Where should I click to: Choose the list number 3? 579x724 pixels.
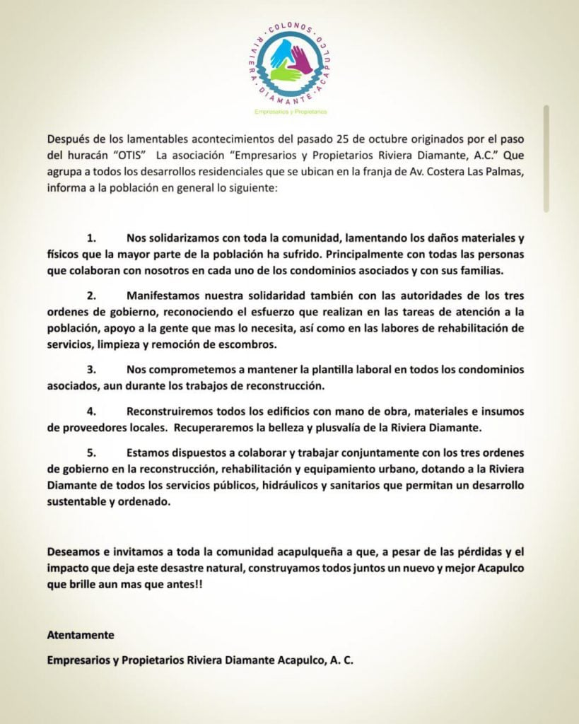point(91,369)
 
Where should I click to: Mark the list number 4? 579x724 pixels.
point(91,411)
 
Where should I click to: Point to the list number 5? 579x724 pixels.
point(91,452)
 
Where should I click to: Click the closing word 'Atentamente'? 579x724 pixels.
point(81,636)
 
